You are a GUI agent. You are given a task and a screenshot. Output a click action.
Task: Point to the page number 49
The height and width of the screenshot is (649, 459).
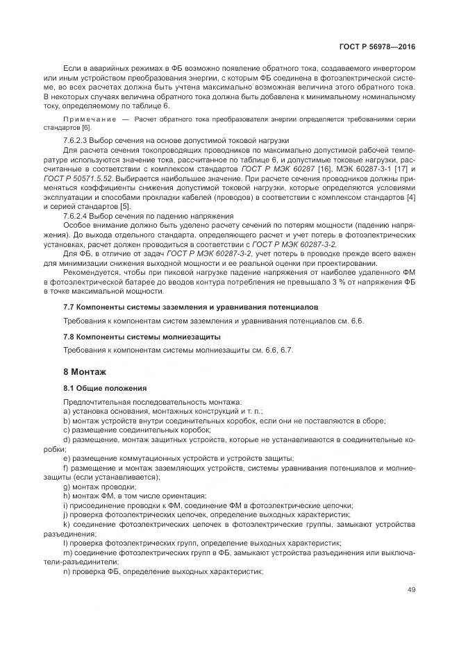point(411,590)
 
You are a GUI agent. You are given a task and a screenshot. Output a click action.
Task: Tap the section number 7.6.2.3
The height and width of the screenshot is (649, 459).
point(76,140)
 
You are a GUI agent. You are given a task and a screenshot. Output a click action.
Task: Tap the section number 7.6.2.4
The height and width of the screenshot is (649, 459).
point(76,216)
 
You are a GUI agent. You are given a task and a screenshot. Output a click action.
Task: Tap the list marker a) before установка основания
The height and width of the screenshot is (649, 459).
point(67,411)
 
